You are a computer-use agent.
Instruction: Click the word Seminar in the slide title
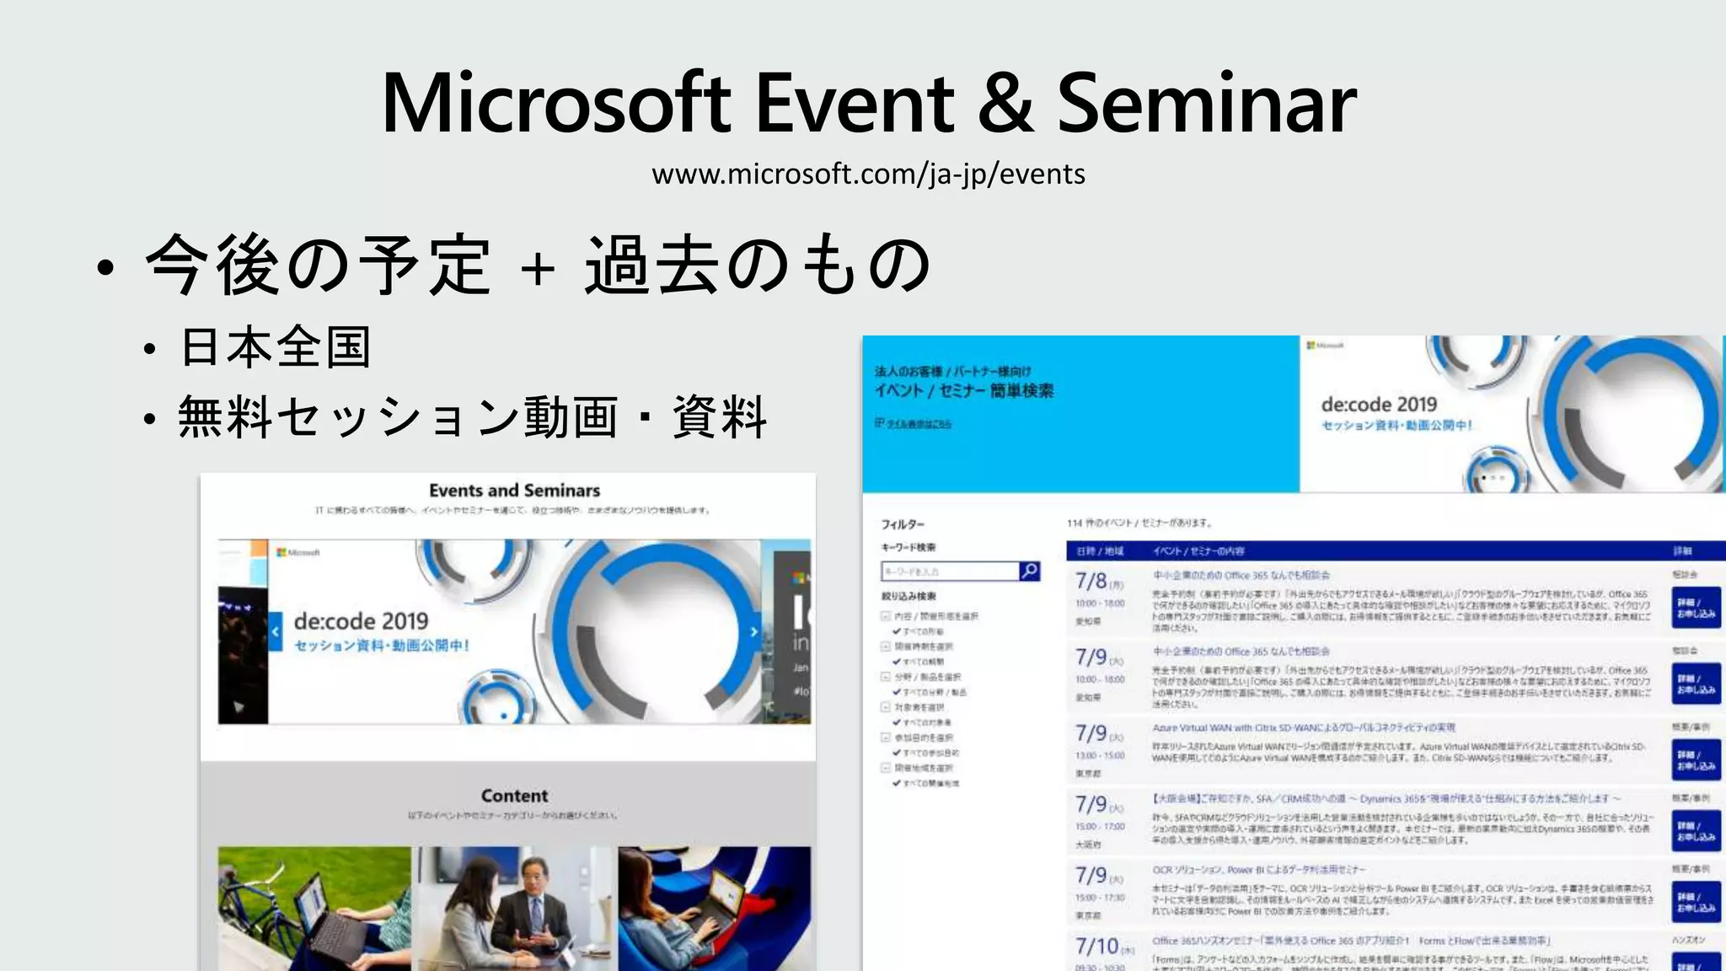click(x=1206, y=104)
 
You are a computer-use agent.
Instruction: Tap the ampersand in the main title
click(x=1005, y=104)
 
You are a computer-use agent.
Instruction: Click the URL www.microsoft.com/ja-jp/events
click(x=868, y=174)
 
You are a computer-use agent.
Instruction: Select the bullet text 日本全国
click(x=276, y=347)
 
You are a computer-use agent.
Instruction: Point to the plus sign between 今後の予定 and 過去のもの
click(x=538, y=268)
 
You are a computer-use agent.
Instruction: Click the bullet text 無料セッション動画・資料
click(x=472, y=417)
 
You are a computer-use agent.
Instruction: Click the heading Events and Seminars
click(x=514, y=491)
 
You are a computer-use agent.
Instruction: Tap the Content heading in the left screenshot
click(x=514, y=796)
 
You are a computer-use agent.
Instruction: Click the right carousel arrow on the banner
click(x=754, y=631)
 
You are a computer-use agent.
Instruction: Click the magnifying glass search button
click(x=1029, y=571)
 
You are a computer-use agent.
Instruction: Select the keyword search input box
click(x=950, y=571)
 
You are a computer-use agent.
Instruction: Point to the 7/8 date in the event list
click(x=1091, y=581)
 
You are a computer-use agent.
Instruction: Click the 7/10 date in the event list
click(x=1097, y=946)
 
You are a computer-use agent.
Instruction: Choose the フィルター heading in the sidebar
click(x=903, y=524)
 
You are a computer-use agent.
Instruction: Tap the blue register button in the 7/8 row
click(x=1695, y=608)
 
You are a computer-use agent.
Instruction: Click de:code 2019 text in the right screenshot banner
click(x=1379, y=405)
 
